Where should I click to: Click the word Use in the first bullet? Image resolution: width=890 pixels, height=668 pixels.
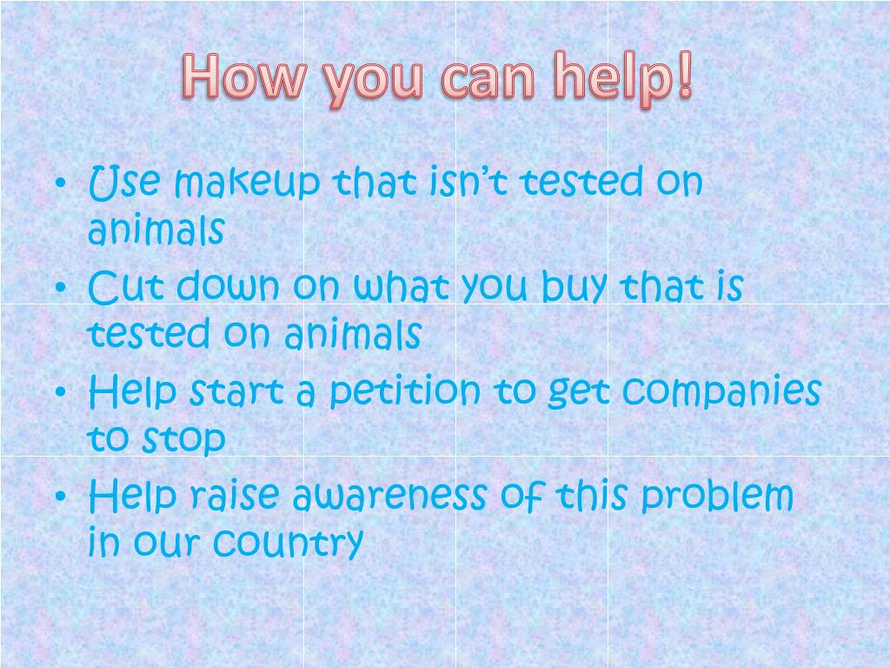[x=125, y=183]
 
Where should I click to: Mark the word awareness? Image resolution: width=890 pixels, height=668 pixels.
[x=389, y=497]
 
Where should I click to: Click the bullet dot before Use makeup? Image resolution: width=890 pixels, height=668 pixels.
[x=60, y=185]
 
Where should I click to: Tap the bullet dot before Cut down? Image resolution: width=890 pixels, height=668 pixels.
[x=60, y=290]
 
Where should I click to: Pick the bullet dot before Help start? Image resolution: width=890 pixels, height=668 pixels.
[x=60, y=394]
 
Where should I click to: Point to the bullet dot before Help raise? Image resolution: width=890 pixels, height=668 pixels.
[x=60, y=498]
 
